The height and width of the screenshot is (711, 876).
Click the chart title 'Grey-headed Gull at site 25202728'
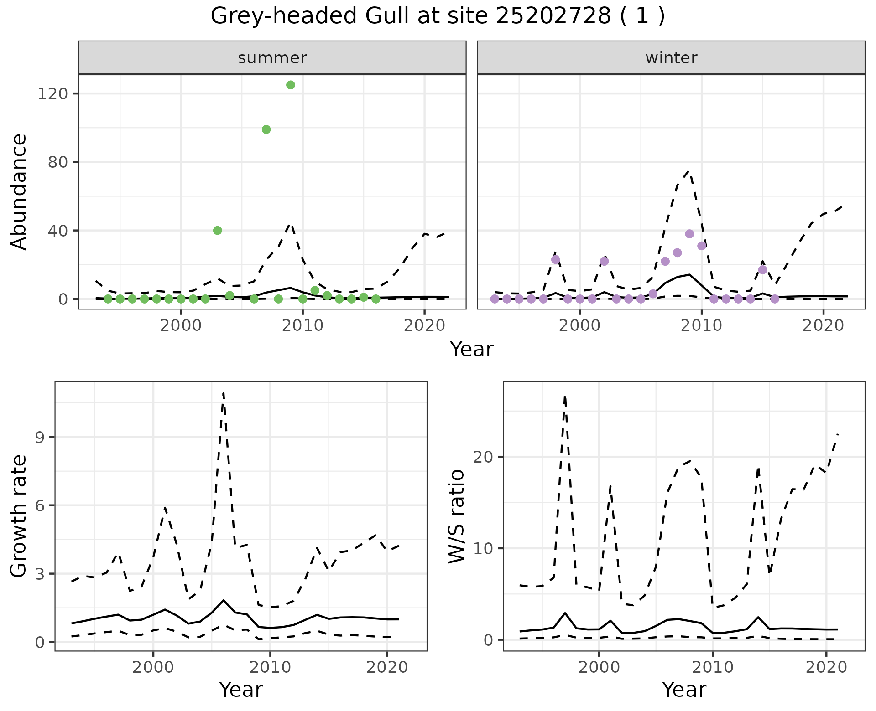tap(437, 17)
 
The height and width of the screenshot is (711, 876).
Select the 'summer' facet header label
tap(272, 58)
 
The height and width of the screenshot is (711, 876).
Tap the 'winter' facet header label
tap(671, 58)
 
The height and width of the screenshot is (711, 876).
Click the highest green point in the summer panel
tap(291, 85)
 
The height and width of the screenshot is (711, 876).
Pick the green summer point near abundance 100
tap(266, 129)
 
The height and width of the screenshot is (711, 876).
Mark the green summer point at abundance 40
tap(218, 231)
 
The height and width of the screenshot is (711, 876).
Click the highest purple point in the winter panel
tap(689, 234)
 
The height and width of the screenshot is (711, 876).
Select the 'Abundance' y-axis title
tap(19, 192)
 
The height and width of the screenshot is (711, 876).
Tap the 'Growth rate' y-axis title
tap(19, 516)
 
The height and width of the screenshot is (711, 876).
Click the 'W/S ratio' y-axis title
tap(456, 516)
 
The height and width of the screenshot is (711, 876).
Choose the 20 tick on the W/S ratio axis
tap(484, 457)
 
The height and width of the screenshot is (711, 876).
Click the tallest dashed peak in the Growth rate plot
tap(223, 392)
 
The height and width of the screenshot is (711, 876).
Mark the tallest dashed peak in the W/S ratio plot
tap(565, 397)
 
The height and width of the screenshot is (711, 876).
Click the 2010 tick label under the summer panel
tap(302, 326)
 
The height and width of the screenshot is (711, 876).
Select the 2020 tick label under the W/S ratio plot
tap(826, 668)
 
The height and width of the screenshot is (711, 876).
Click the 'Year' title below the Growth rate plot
tap(241, 690)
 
